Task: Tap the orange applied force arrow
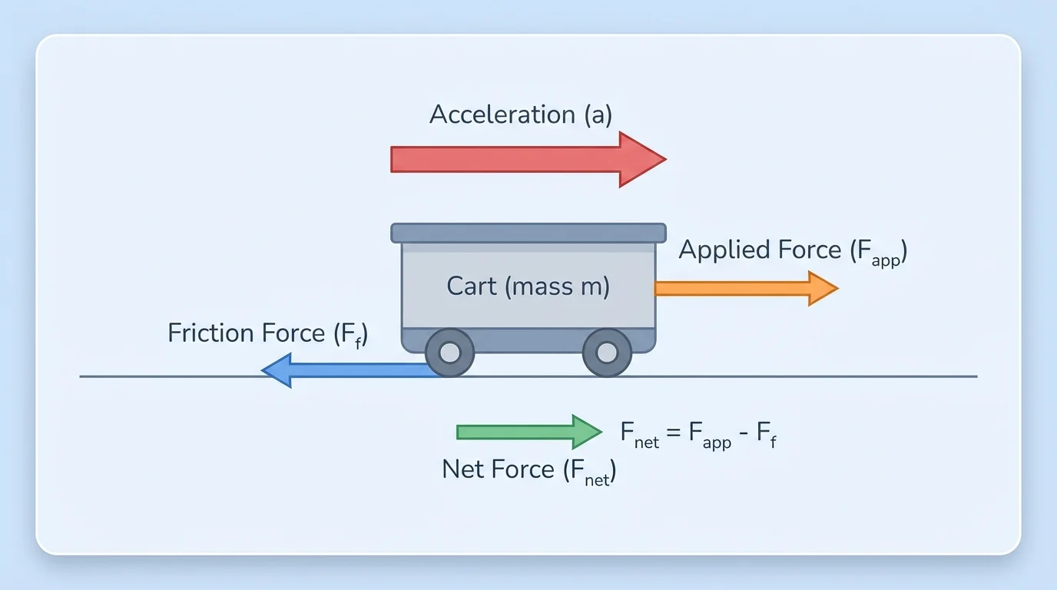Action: tap(737, 289)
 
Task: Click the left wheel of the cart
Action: tap(449, 353)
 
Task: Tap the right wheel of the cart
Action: tap(607, 353)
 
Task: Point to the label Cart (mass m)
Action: tap(528, 287)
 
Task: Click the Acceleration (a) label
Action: tap(520, 114)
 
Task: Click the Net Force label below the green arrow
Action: tap(528, 469)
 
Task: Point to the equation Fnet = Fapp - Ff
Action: tap(699, 433)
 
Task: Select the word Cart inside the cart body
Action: tap(472, 287)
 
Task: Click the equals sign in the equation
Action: tap(674, 433)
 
